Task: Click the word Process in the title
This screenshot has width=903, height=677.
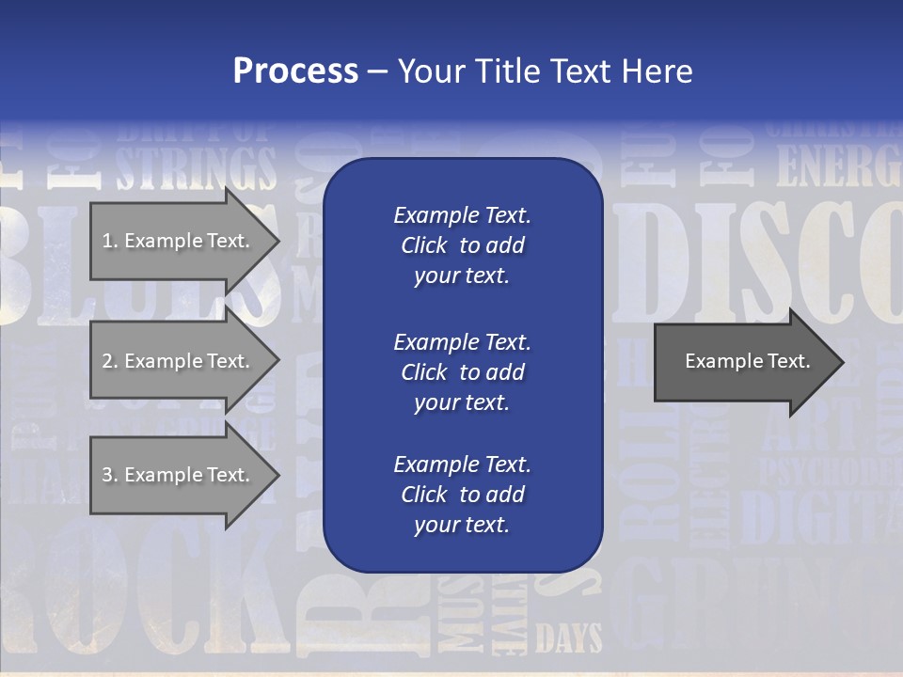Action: click(295, 71)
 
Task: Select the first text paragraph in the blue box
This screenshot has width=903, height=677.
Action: click(462, 245)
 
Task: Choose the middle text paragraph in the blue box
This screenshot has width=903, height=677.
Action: click(462, 372)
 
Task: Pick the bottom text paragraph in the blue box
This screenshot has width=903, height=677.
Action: click(462, 495)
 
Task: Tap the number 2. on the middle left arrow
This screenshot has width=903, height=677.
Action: click(110, 361)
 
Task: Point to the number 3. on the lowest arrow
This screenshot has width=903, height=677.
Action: click(110, 475)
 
